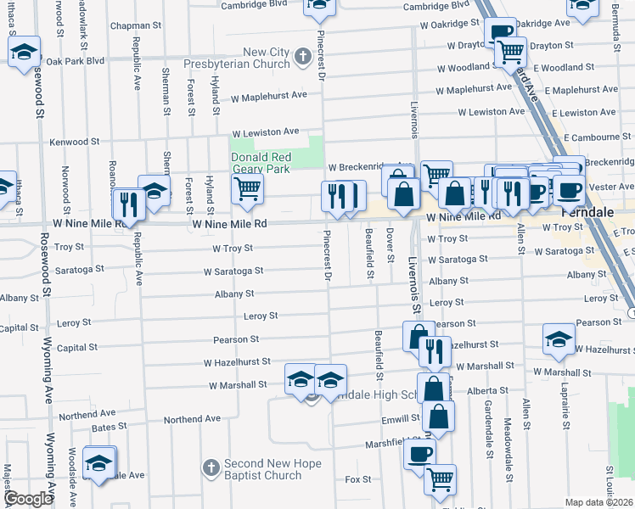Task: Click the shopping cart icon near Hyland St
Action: tap(246, 188)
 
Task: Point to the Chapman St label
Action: tap(135, 26)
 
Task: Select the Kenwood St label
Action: tap(75, 142)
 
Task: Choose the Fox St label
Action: tap(358, 479)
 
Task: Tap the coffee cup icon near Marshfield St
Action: tap(419, 454)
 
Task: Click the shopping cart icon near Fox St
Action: tap(440, 479)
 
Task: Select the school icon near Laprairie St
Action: tap(559, 339)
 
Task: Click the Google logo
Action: tap(27, 500)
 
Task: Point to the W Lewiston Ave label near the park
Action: tap(267, 132)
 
